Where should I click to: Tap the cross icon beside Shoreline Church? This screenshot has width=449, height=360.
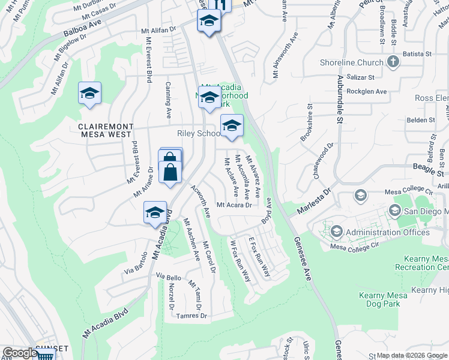tap(393, 62)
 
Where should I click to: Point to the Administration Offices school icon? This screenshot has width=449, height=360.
tap(337, 232)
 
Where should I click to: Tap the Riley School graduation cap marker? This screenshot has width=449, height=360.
tap(232, 125)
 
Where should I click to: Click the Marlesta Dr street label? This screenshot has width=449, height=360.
tap(314, 202)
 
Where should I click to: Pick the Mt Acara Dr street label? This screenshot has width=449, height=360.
tap(233, 205)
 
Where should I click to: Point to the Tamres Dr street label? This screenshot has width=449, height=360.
tap(192, 316)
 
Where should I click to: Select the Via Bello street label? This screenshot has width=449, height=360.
tap(168, 277)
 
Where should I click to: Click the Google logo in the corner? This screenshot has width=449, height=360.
tap(19, 353)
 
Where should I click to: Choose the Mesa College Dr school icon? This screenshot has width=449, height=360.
tap(361, 196)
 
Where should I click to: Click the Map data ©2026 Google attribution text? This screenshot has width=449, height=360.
tap(411, 355)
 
